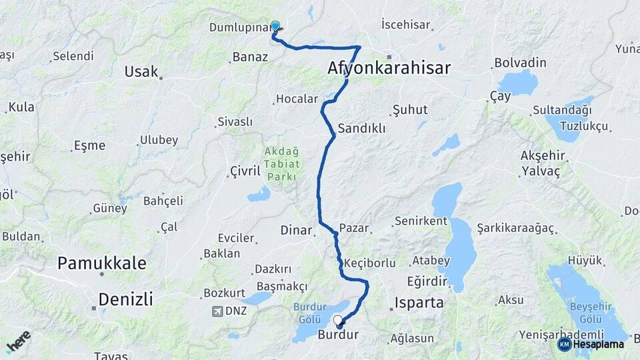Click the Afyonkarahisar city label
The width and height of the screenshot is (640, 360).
[389, 68]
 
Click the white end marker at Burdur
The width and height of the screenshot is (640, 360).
[338, 321]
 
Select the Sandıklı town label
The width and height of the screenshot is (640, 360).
[361, 129]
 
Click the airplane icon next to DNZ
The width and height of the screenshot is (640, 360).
[217, 311]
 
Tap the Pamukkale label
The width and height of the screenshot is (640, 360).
[101, 263]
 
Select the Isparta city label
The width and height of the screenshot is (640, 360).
[419, 302]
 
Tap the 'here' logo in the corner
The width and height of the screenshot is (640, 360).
[18, 341]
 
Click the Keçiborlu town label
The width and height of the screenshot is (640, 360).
[370, 263]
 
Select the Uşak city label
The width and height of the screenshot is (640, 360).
[141, 71]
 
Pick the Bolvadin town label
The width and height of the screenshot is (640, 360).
[520, 63]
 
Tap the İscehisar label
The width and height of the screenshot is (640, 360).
[405, 25]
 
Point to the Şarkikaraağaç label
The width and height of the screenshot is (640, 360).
[515, 228]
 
